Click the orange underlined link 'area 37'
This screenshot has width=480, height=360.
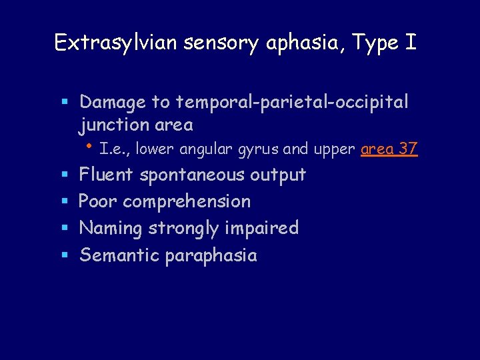pyautogui.click(x=389, y=149)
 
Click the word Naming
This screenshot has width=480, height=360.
pyautogui.click(x=111, y=229)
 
